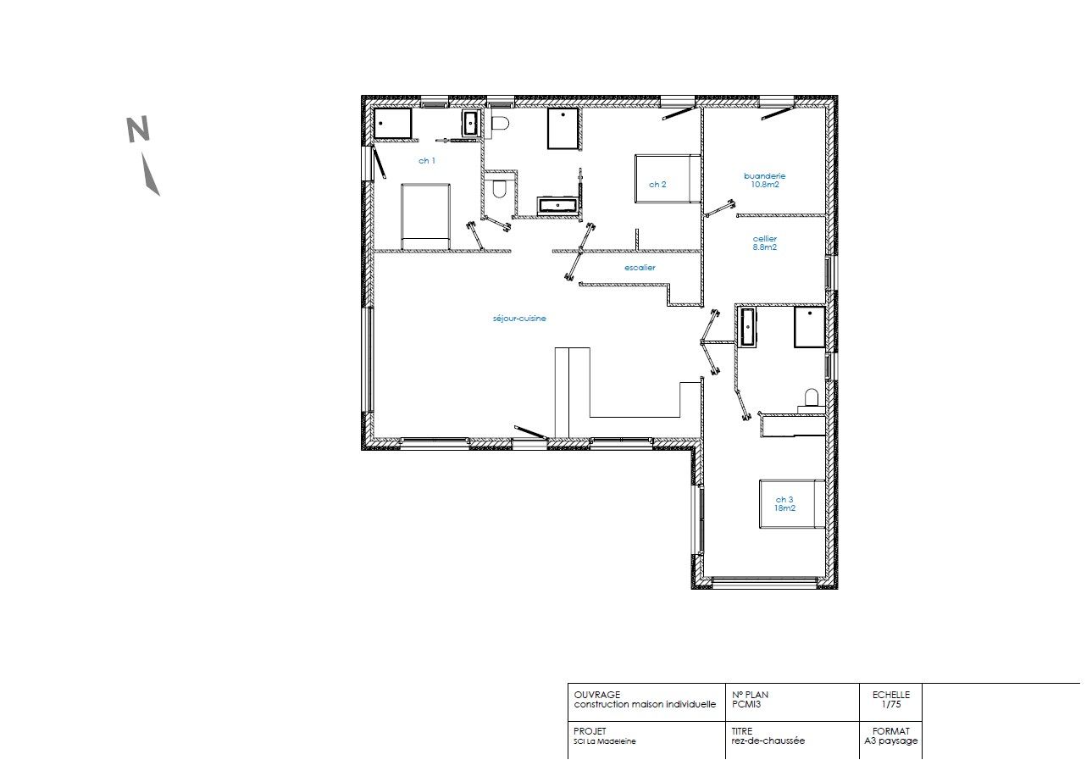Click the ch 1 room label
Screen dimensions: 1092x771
click(x=427, y=160)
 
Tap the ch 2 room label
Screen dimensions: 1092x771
click(x=657, y=185)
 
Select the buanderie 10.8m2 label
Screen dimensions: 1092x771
click(x=764, y=180)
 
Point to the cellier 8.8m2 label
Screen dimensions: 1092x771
click(x=764, y=243)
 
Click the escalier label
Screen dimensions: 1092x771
click(x=640, y=267)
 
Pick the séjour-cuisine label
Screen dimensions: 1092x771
click(x=519, y=319)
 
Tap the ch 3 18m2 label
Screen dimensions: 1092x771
click(x=784, y=504)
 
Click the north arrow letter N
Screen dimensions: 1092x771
click(x=138, y=130)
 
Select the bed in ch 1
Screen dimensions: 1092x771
click(x=425, y=217)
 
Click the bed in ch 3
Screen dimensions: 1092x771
click(x=792, y=504)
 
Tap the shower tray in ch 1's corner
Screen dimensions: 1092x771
click(x=392, y=124)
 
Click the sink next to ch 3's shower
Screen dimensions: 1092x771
click(x=746, y=327)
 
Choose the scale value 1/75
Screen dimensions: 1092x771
click(x=890, y=704)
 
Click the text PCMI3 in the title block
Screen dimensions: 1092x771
click(x=746, y=704)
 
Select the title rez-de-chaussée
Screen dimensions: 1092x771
click(x=768, y=740)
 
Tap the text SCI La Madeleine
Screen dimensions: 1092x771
click(x=605, y=741)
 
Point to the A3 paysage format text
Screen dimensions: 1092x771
click(x=890, y=740)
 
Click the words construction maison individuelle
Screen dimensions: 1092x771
click(x=645, y=704)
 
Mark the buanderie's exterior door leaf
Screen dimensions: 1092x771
click(x=778, y=114)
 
